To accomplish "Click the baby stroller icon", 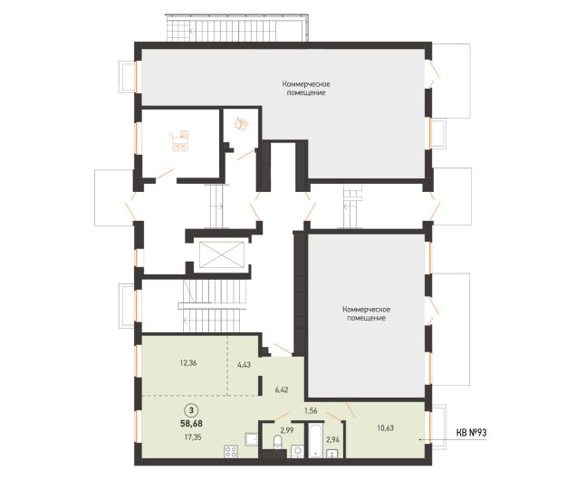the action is [179, 140].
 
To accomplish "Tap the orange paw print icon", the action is [241, 124].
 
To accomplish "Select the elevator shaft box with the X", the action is [222, 254].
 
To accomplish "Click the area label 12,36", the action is [188, 362].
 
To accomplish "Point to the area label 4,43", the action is [244, 364].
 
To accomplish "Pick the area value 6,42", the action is [282, 389].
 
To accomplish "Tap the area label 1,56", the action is [311, 410].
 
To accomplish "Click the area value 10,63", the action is [386, 428].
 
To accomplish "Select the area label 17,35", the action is [193, 437].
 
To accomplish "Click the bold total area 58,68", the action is [191, 423].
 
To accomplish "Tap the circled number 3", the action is [191, 410].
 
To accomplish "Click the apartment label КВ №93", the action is [472, 432].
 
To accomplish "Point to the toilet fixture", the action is [278, 443].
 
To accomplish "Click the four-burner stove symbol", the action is [231, 452].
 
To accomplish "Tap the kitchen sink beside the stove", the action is [251, 439].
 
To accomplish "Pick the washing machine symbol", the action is [298, 451].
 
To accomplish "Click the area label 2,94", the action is [333, 439].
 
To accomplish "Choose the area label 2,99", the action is [287, 430].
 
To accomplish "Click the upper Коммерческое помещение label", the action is [306, 89].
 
